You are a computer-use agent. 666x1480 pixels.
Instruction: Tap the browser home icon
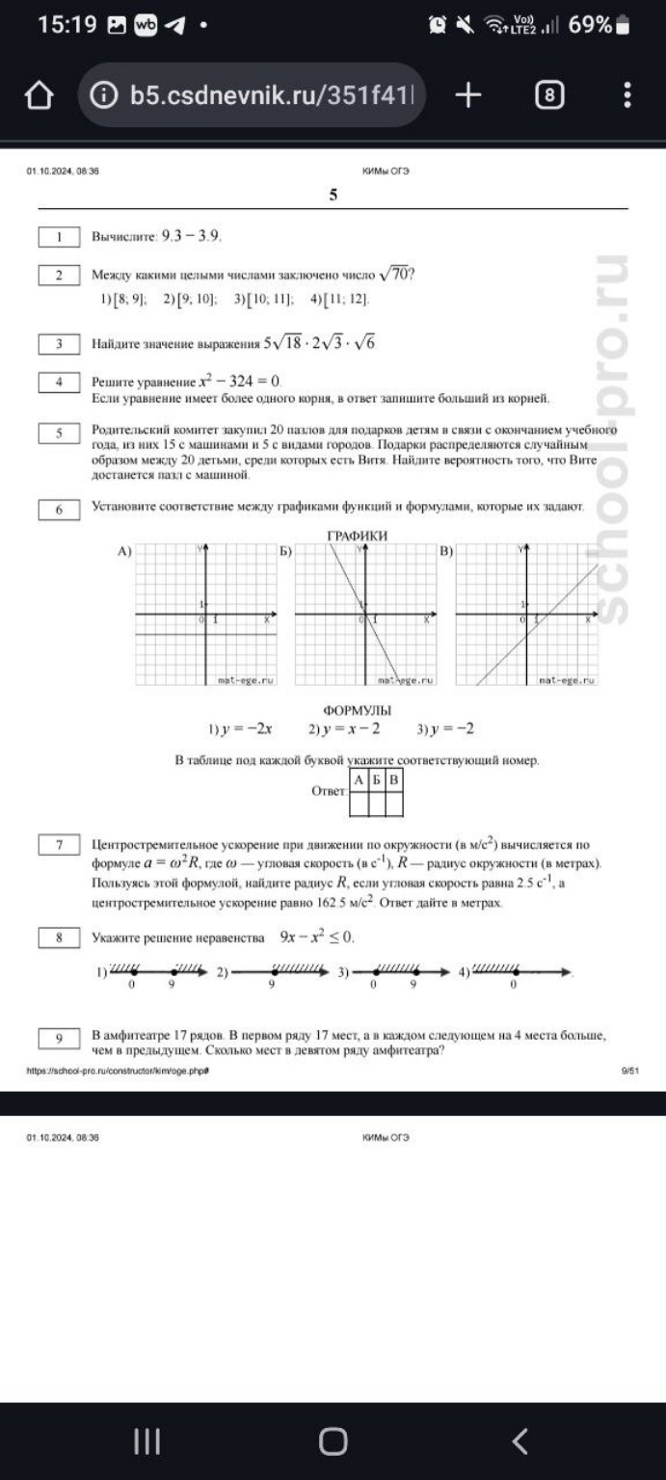pyautogui.click(x=38, y=95)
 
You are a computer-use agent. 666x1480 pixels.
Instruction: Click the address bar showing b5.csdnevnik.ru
pyautogui.click(x=253, y=95)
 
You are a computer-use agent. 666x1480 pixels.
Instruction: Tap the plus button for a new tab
pyautogui.click(x=467, y=94)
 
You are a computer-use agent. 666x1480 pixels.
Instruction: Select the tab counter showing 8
pyautogui.click(x=549, y=95)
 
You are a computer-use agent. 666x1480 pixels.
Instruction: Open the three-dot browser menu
pyautogui.click(x=627, y=94)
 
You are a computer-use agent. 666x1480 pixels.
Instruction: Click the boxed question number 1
pyautogui.click(x=59, y=236)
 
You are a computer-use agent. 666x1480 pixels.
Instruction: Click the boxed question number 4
pyautogui.click(x=59, y=382)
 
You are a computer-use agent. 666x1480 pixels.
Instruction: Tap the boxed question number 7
pyautogui.click(x=59, y=845)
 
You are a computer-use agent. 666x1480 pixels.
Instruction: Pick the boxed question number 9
pyautogui.click(x=59, y=1038)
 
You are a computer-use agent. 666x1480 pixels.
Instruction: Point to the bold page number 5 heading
pyautogui.click(x=333, y=196)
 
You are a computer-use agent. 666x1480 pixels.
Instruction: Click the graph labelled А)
pyautogui.click(x=205, y=616)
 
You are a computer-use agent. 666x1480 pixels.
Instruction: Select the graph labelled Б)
pyautogui.click(x=364, y=616)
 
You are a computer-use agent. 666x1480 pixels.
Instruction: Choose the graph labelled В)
pyautogui.click(x=525, y=616)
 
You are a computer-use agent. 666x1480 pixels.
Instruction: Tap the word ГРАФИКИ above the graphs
pyautogui.click(x=358, y=535)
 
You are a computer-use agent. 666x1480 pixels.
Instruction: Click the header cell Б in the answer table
pyautogui.click(x=377, y=779)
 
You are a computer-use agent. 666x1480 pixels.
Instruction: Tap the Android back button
pyautogui.click(x=519, y=1440)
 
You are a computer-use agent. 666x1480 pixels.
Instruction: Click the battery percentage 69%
pyautogui.click(x=590, y=25)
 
